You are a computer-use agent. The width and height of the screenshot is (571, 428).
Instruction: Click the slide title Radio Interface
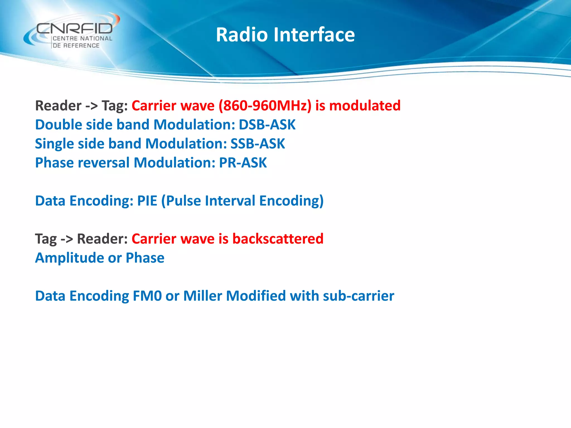pyautogui.click(x=285, y=35)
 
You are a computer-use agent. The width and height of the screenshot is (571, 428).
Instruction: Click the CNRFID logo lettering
pyautogui.click(x=75, y=28)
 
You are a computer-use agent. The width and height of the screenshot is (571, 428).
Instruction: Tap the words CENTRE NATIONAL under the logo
pyautogui.click(x=82, y=38)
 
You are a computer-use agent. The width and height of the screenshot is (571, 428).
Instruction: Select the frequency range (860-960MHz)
pyautogui.click(x=265, y=106)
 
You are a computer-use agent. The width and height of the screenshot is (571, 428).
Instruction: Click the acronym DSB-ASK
pyautogui.click(x=267, y=125)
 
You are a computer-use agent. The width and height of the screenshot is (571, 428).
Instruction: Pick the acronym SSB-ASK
pyautogui.click(x=257, y=144)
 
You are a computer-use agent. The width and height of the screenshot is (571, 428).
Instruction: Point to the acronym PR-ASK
pyautogui.click(x=243, y=163)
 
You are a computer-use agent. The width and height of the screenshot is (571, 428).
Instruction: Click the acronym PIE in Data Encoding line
pyautogui.click(x=147, y=201)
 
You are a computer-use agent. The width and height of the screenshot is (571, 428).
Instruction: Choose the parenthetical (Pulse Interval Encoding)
pyautogui.click(x=242, y=201)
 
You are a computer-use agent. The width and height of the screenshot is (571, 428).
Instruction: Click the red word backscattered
pyautogui.click(x=278, y=239)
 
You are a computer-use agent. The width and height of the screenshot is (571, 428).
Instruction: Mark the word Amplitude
pyautogui.click(x=69, y=258)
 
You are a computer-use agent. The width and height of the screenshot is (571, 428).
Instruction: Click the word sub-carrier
pyautogui.click(x=358, y=296)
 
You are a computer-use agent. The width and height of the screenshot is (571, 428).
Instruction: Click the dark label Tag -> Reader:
pyautogui.click(x=81, y=239)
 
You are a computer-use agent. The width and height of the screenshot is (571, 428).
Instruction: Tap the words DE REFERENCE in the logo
pyautogui.click(x=76, y=45)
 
